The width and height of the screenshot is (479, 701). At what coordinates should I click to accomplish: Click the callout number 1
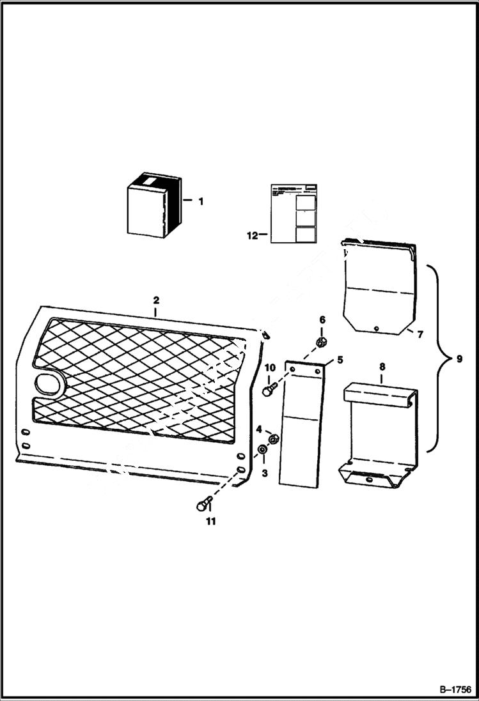[x=200, y=201]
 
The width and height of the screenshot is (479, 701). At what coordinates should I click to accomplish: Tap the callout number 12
[x=252, y=235]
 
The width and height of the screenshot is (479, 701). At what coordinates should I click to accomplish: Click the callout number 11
[x=210, y=521]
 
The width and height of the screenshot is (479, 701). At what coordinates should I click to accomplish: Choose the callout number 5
[x=340, y=360]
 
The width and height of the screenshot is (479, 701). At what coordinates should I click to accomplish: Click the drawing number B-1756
[x=455, y=690]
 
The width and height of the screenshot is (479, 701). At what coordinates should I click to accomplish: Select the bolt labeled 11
[x=201, y=505]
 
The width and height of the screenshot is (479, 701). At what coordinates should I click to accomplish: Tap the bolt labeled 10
[x=267, y=390]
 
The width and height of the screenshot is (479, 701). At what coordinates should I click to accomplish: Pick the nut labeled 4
[x=273, y=439]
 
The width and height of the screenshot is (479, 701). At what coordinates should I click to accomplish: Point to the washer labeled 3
[x=262, y=452]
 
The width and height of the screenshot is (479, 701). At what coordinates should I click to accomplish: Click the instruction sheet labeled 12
[x=293, y=214]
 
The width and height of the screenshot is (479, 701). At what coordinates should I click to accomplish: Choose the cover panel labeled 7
[x=379, y=288]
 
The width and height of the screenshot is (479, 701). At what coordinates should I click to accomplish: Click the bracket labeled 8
[x=377, y=441]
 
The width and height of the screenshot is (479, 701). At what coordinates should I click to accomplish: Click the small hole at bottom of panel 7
[x=377, y=328]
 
